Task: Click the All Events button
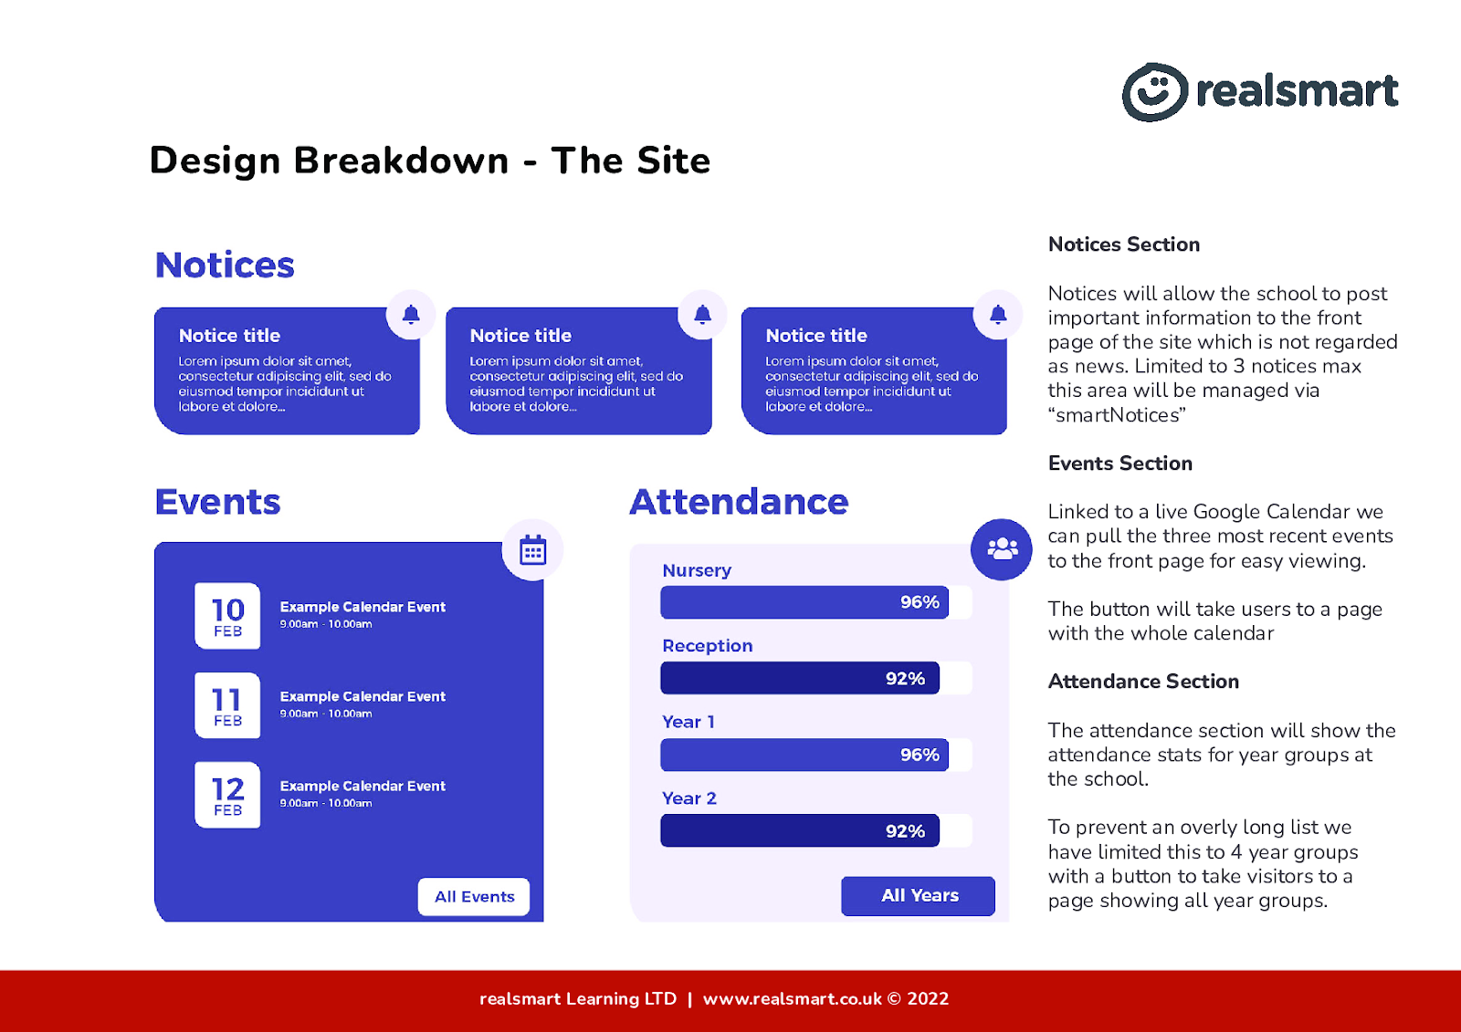[x=474, y=896]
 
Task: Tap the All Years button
[x=919, y=896]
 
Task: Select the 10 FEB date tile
[x=227, y=615]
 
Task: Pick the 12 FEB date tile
[x=227, y=795]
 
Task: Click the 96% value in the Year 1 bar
[x=920, y=755]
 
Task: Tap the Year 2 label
[x=688, y=798]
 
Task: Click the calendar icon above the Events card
[x=533, y=550]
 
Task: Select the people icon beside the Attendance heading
[x=1002, y=549]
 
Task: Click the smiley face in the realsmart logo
[x=1155, y=92]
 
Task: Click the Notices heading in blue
[x=225, y=266]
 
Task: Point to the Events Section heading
[x=1119, y=463]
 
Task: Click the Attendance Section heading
[x=1143, y=682]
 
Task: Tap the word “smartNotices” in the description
[x=1118, y=414]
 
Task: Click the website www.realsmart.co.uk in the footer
[x=792, y=999]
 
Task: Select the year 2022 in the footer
[x=928, y=999]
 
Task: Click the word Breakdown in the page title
[x=401, y=161]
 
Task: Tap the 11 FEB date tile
[x=227, y=705]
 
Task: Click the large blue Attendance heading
[x=739, y=502]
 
